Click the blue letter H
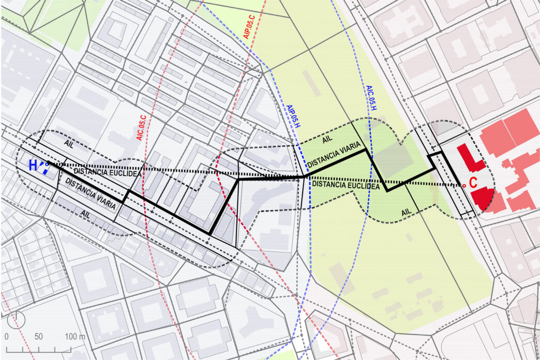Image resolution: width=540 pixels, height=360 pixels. click(x=33, y=166)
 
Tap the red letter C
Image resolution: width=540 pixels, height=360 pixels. click(x=473, y=182)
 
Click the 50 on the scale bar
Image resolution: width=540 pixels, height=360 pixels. click(x=38, y=337)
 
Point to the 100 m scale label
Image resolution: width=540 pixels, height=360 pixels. click(x=75, y=337)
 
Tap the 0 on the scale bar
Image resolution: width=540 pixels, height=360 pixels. click(x=7, y=337)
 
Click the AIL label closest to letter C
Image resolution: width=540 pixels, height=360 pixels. click(x=407, y=212)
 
